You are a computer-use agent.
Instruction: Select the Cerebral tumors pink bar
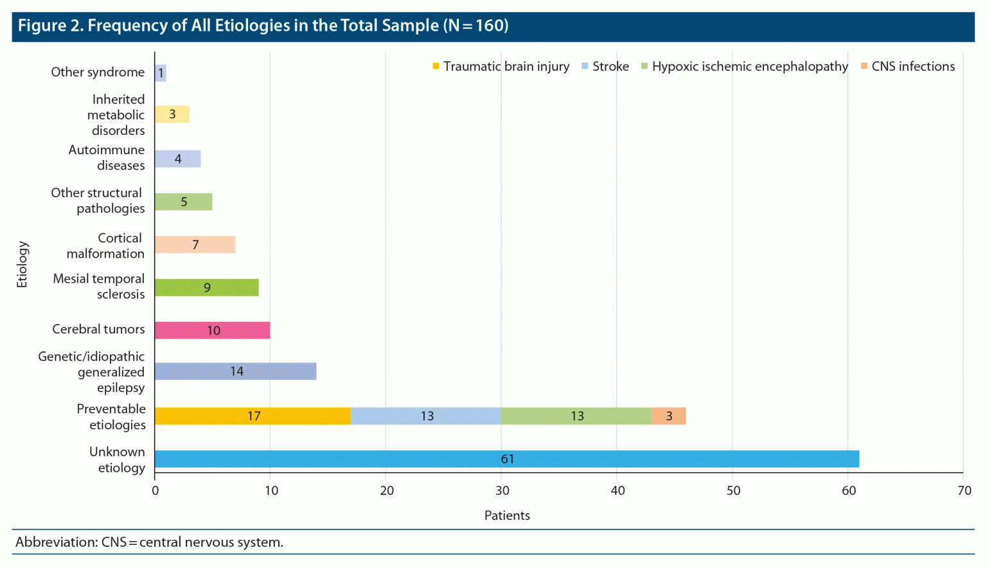tap(212, 330)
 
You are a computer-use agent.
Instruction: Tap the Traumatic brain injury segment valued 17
tap(253, 416)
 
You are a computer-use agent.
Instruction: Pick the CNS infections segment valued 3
tap(668, 416)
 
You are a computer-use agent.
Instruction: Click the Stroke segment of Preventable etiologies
tap(426, 416)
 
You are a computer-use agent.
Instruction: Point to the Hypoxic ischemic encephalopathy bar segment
tap(576, 416)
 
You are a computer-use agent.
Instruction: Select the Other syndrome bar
tap(161, 73)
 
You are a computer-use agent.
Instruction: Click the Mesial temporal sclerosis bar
tap(206, 287)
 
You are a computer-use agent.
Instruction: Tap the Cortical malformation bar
tap(195, 245)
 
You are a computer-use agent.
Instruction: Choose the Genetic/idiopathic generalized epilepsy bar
tap(235, 371)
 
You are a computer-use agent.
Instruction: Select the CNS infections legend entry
tap(912, 66)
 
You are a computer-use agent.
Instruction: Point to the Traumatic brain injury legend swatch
tap(436, 66)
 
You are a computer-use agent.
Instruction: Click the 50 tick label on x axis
tap(733, 491)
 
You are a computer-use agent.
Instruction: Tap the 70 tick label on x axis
tap(964, 491)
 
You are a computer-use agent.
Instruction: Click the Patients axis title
tap(507, 515)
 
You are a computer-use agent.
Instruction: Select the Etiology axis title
tap(22, 264)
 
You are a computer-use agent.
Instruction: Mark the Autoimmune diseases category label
tap(107, 157)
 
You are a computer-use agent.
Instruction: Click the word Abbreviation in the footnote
tap(55, 542)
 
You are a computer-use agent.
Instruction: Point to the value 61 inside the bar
tap(507, 459)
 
